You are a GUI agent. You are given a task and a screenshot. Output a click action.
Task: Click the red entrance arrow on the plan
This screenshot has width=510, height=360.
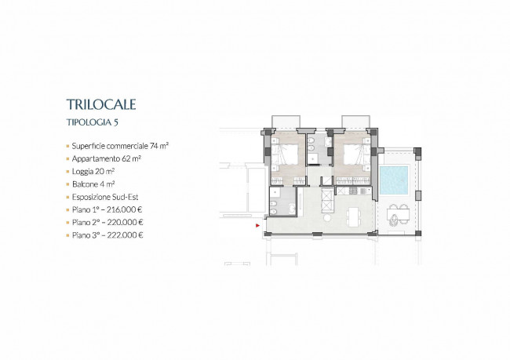[257, 225]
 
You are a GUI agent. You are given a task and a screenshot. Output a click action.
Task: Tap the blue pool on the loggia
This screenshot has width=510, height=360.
[394, 180]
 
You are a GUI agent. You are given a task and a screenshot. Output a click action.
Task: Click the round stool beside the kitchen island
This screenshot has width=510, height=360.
[327, 218]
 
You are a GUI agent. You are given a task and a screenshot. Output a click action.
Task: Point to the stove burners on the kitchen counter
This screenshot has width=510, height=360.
[353, 191]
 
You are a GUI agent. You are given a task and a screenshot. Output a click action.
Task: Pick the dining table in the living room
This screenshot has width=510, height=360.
[353, 217]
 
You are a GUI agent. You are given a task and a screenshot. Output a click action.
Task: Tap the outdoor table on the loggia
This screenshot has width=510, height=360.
[398, 215]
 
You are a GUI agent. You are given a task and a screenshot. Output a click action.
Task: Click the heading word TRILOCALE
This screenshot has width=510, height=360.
[101, 104]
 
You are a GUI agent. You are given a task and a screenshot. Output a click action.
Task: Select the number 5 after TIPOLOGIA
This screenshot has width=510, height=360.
[116, 122]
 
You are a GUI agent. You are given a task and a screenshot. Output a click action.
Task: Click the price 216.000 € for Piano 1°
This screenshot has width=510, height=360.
[124, 209]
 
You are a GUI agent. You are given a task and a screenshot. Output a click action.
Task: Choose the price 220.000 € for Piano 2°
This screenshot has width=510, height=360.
[125, 223]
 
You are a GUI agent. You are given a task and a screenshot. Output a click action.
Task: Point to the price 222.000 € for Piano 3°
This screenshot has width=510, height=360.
[125, 235]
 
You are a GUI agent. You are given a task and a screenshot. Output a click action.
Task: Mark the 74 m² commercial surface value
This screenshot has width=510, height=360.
[159, 146]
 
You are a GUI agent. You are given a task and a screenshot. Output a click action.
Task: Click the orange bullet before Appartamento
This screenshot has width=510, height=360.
[68, 159]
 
